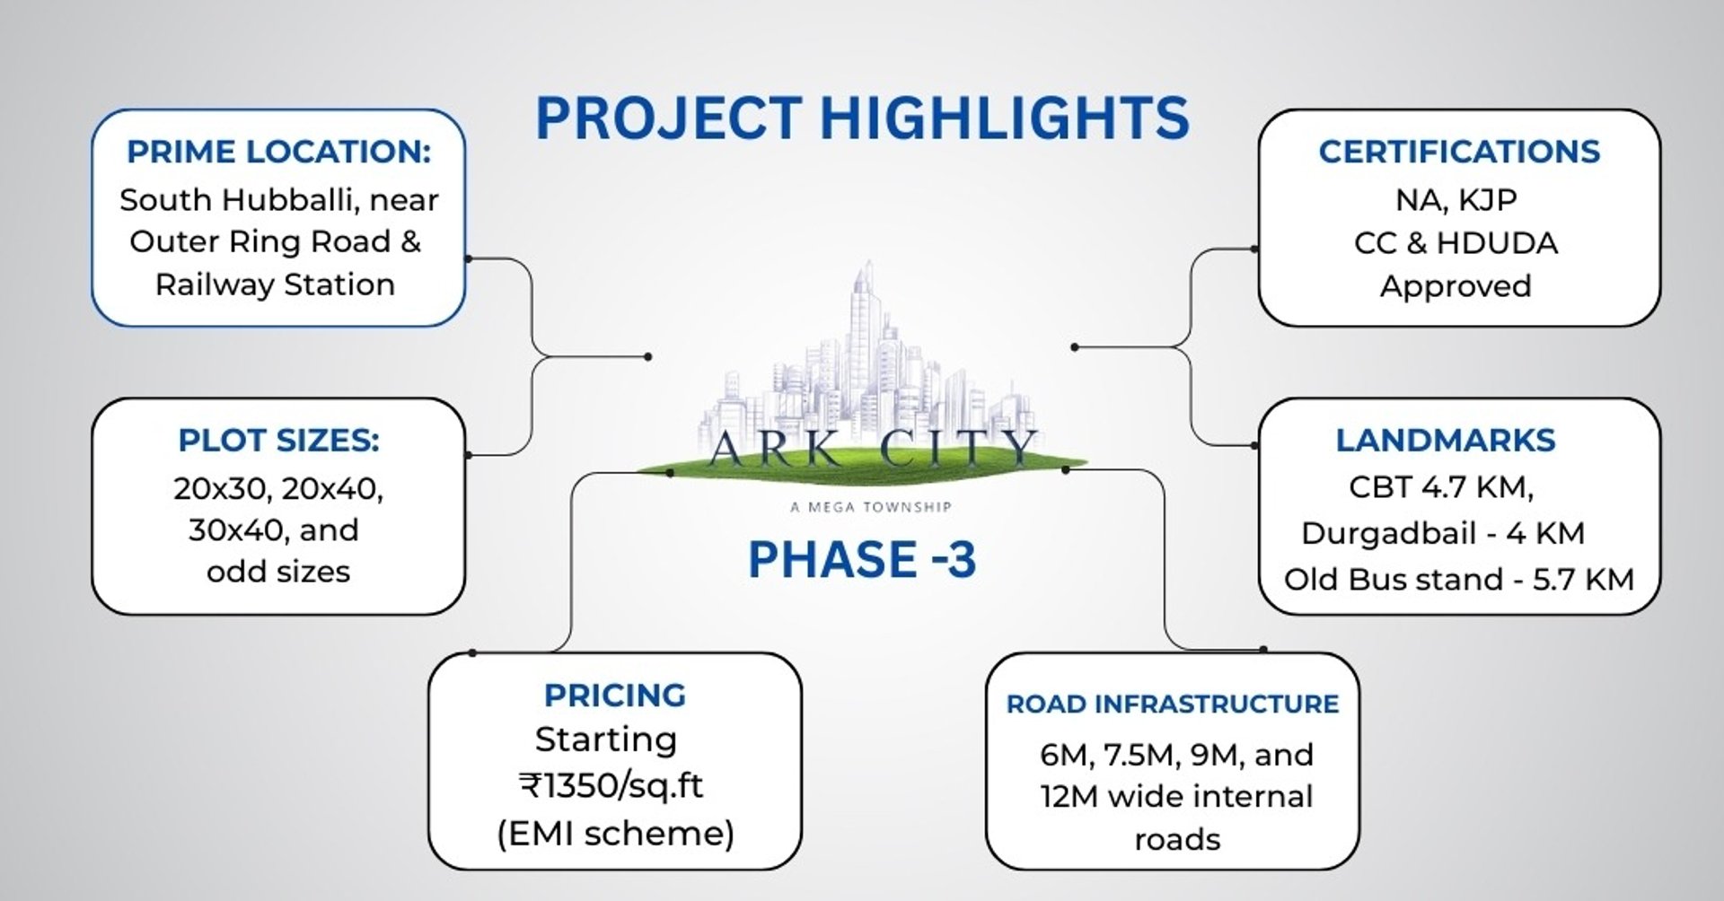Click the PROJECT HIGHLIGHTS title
862,118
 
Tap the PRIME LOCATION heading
278,152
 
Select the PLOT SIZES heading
278,441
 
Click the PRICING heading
615,695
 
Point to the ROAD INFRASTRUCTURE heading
1172,704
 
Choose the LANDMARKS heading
1445,441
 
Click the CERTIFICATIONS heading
1459,152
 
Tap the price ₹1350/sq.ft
611,786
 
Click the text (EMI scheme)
615,834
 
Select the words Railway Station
275,284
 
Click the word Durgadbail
1388,533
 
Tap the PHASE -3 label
861,559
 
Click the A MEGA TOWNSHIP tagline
870,507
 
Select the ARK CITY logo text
870,448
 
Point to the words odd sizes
278,572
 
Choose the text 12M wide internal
1176,797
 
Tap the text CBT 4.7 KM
1440,487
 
